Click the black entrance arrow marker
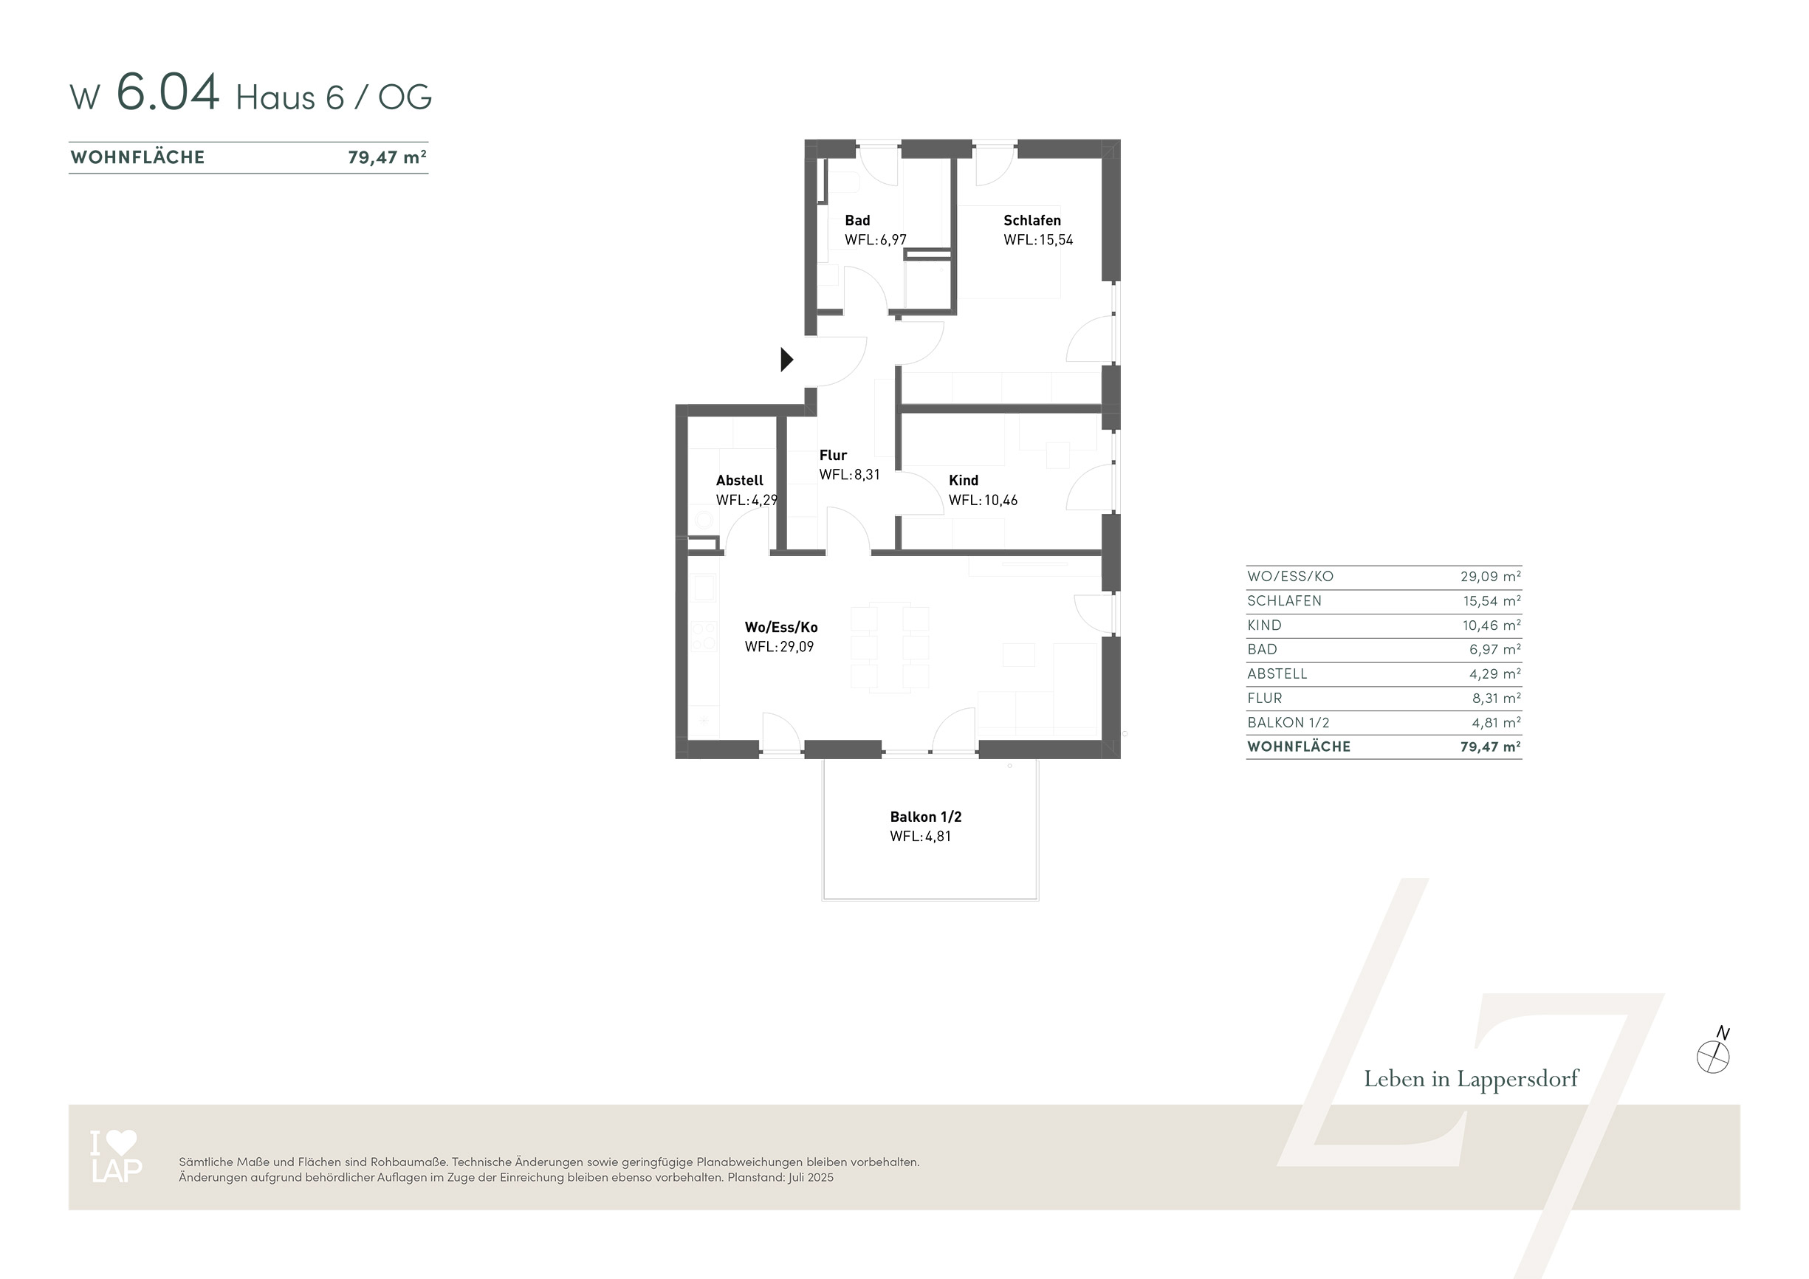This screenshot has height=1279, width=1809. pos(786,360)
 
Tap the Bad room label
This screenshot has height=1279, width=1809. pos(857,221)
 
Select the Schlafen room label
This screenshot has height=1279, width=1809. pos(1032,221)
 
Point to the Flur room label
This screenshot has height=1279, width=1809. pos(833,456)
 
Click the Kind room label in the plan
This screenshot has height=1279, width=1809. pos(964,481)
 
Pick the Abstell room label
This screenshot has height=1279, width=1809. pos(740,481)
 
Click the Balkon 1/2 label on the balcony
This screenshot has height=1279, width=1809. pos(926,817)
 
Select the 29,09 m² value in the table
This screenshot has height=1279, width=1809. pos(1491,576)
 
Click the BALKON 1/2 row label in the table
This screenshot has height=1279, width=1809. pos(1288,723)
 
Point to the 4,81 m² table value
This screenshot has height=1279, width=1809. pos(1496,723)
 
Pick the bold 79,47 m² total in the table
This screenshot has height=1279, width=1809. pos(1491,747)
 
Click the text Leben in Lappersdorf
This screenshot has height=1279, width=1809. pos(1471,1079)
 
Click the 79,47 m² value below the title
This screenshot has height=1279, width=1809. pos(388,157)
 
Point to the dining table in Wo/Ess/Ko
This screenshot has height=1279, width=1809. pos(890,648)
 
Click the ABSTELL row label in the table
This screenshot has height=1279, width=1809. pos(1277,673)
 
